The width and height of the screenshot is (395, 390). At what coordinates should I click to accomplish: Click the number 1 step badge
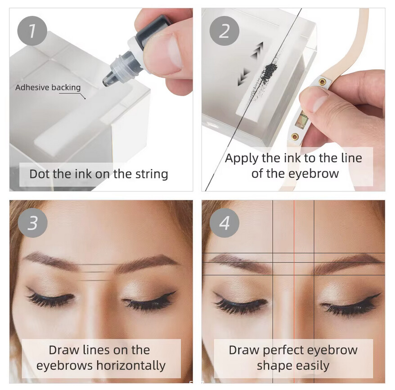click(x=32, y=31)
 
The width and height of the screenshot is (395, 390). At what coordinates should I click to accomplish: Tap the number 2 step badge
click(x=224, y=31)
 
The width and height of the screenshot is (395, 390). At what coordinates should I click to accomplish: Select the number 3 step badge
click(x=32, y=223)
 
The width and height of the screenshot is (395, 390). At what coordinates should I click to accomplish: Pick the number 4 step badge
click(x=224, y=223)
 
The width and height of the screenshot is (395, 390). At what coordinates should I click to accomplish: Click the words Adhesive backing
click(x=48, y=87)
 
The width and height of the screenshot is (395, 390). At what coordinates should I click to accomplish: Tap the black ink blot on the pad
click(x=269, y=70)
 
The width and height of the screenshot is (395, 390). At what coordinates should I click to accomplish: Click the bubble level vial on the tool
click(x=301, y=120)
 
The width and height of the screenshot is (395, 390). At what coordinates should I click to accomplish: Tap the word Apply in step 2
click(x=242, y=159)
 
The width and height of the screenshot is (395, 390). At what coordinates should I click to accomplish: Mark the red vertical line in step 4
click(x=294, y=292)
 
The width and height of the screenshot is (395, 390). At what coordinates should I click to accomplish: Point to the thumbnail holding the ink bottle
click(x=174, y=53)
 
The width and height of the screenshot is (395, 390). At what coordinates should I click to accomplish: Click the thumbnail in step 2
click(x=319, y=103)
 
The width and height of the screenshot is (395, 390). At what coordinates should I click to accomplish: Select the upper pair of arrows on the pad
click(x=257, y=50)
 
